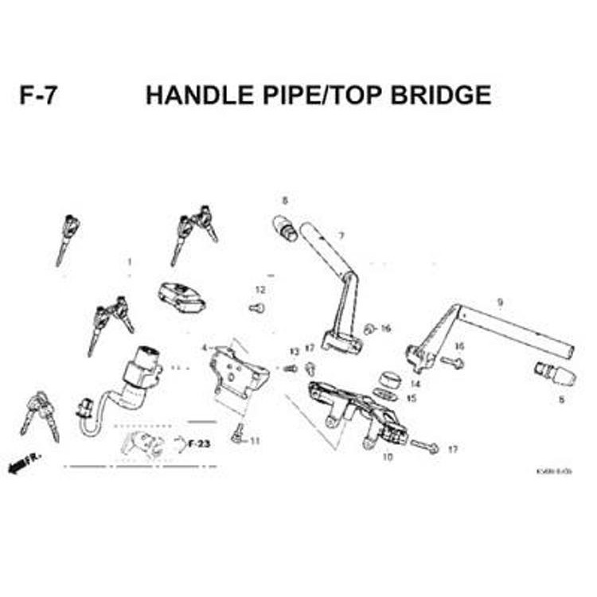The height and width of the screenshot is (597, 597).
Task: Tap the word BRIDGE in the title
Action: pos(441,96)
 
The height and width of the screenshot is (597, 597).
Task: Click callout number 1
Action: pos(129,261)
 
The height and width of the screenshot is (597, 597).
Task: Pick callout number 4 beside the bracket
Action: pos(204,348)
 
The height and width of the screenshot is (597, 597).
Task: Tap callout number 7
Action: pos(341,236)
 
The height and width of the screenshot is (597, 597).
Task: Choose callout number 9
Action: pos(500,302)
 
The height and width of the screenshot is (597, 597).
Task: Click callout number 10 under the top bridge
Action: pos(388,457)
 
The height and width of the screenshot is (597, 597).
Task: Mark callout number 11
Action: pos(255,440)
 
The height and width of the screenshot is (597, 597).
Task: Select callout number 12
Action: pos(259,289)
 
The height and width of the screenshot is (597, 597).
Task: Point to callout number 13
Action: pos(293,351)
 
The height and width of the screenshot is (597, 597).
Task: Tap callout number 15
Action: pos(412,398)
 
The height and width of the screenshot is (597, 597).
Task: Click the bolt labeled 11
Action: pos(237,433)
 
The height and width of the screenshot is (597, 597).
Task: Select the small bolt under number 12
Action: pos(256,307)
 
